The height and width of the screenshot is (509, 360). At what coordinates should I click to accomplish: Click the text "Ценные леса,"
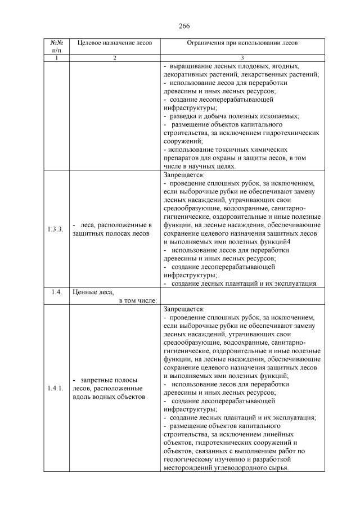pyautogui.click(x=93, y=292)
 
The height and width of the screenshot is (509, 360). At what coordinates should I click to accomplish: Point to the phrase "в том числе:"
pyautogui.click(x=138, y=300)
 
